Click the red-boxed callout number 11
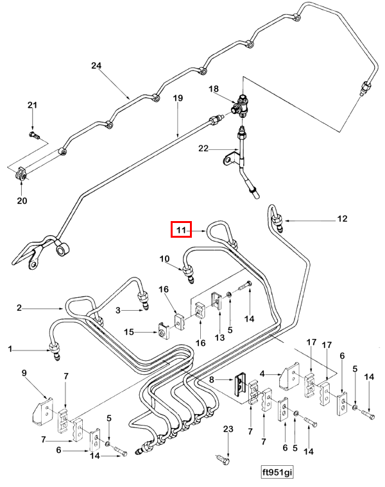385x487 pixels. click(181, 230)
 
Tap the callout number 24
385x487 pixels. click(96, 65)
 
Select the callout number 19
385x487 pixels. click(178, 98)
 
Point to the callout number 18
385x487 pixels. click(214, 89)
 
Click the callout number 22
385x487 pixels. click(203, 148)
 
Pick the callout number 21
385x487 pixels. click(32, 105)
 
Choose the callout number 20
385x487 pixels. click(22, 201)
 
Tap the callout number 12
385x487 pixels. click(342, 219)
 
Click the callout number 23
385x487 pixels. click(228, 429)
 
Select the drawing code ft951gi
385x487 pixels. click(277, 472)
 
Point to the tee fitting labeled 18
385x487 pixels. click(241, 106)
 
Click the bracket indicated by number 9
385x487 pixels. click(42, 411)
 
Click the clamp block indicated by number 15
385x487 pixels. click(163, 331)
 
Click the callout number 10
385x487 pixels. click(164, 258)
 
